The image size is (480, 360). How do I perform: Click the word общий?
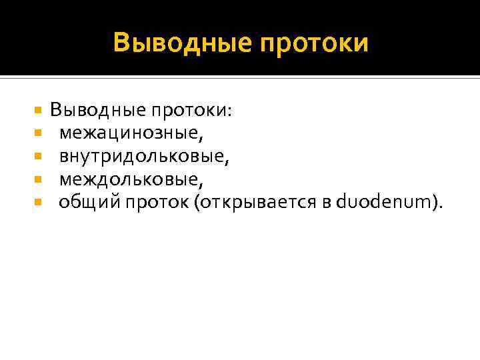point(82,202)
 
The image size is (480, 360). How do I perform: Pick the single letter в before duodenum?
point(326,203)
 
